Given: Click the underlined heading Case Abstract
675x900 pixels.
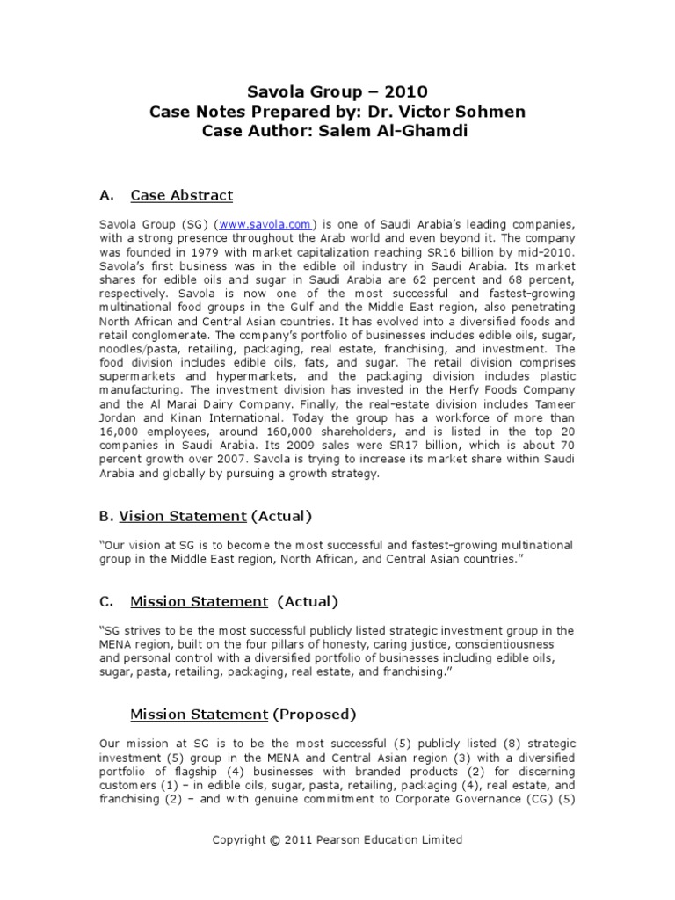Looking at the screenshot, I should (x=181, y=194).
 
